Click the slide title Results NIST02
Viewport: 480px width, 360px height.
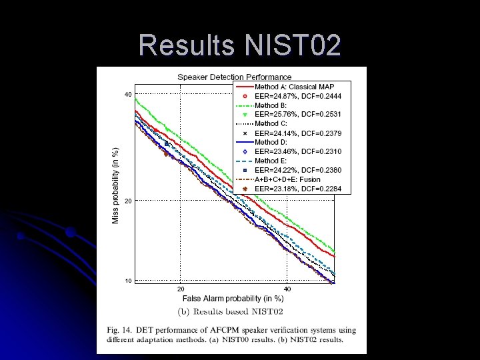point(240,45)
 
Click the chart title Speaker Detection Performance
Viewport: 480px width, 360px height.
point(234,77)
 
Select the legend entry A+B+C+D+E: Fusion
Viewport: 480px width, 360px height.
point(287,179)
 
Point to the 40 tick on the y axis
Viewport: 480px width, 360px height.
point(127,95)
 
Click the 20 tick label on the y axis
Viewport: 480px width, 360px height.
point(127,201)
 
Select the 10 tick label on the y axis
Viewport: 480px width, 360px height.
point(127,281)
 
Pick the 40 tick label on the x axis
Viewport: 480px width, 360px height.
point(287,289)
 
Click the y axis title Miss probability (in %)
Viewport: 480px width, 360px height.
point(115,185)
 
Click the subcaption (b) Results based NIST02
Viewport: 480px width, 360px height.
point(230,311)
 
